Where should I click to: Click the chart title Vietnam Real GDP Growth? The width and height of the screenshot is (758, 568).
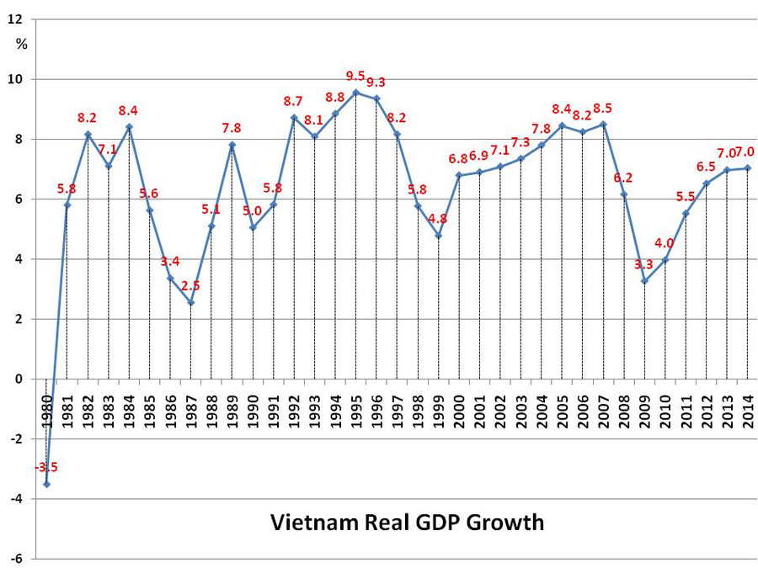pyautogui.click(x=407, y=523)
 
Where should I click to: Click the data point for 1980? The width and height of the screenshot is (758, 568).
pyautogui.click(x=46, y=484)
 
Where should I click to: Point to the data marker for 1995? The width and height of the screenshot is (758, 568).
pyautogui.click(x=355, y=93)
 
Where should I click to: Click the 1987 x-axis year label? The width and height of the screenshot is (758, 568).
pyautogui.click(x=190, y=408)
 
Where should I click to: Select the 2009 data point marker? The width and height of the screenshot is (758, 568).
pyautogui.click(x=644, y=280)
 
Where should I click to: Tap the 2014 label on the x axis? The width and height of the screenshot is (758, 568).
pyautogui.click(x=747, y=408)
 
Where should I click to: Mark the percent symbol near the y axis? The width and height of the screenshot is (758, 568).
pyautogui.click(x=21, y=45)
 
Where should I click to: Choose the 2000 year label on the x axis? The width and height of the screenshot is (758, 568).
pyautogui.click(x=459, y=408)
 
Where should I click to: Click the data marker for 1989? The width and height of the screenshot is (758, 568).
pyautogui.click(x=232, y=145)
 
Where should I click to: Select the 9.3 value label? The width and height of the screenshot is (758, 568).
pyautogui.click(x=376, y=82)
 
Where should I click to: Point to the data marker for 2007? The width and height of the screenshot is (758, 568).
pyautogui.click(x=603, y=125)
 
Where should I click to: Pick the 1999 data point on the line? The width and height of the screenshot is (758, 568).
pyautogui.click(x=438, y=236)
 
